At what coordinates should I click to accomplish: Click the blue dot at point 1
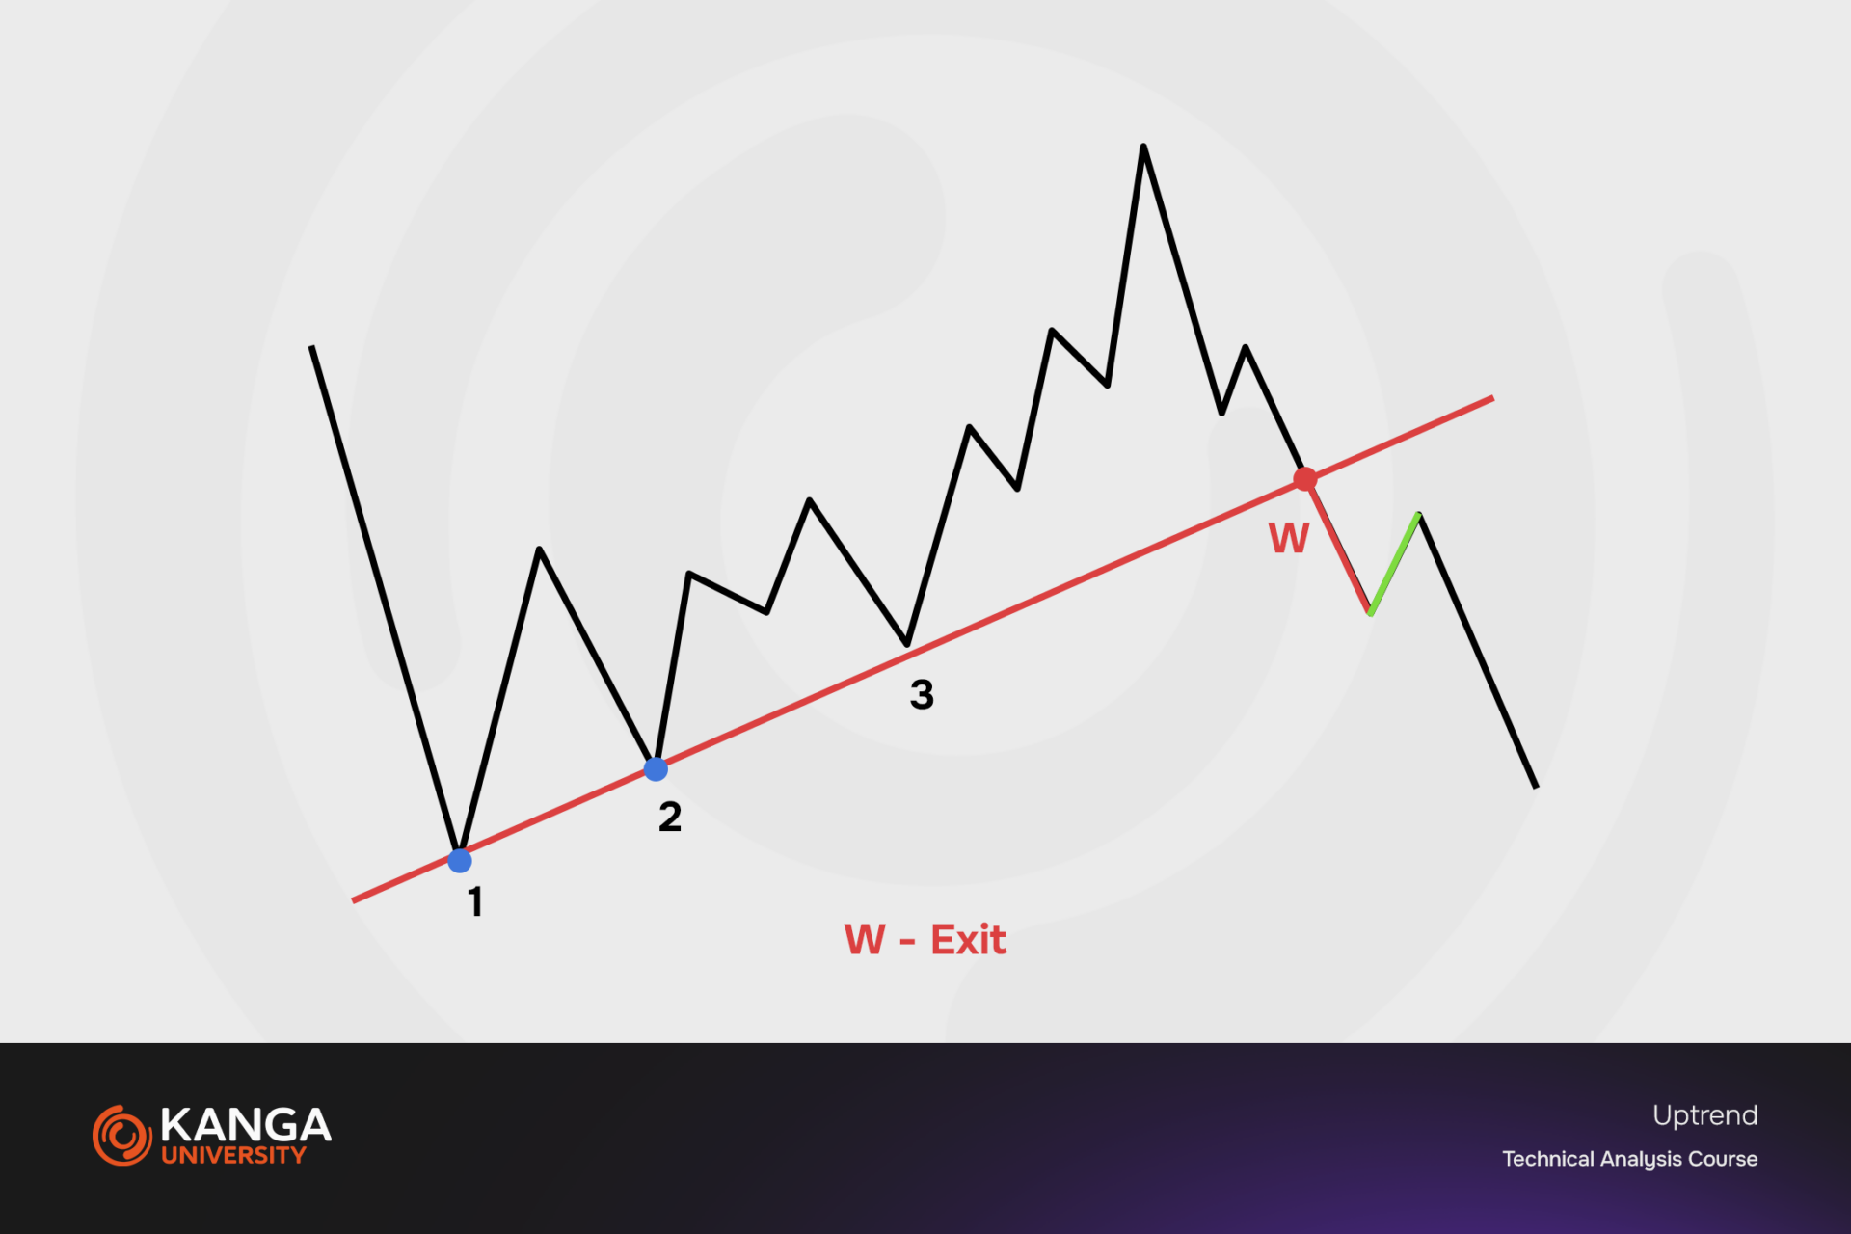pos(460,860)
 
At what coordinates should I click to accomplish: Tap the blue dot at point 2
pos(656,769)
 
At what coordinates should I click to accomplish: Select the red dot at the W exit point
pos(1305,479)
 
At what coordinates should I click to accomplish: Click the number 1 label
pos(475,902)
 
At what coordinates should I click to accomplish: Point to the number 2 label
pos(670,818)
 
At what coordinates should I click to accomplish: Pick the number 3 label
pos(922,694)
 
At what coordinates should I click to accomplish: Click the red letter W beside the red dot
pos(1289,538)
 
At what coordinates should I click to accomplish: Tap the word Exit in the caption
pos(968,940)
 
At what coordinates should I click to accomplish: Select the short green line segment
pos(1394,564)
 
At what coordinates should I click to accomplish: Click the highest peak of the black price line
pos(1143,147)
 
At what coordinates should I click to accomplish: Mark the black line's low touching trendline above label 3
pos(907,644)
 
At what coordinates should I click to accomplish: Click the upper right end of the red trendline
pos(1492,398)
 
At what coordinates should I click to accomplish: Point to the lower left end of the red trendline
pos(354,900)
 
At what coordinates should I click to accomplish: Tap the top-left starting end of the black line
pos(311,347)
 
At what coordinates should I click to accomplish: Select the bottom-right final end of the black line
pos(1536,787)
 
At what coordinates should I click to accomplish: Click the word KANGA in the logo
pos(246,1125)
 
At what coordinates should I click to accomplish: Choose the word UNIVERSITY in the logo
pos(233,1155)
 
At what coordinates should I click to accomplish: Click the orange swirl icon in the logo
pos(122,1135)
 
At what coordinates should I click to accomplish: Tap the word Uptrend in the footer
pos(1704,1115)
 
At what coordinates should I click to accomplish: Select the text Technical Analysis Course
pos(1629,1159)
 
